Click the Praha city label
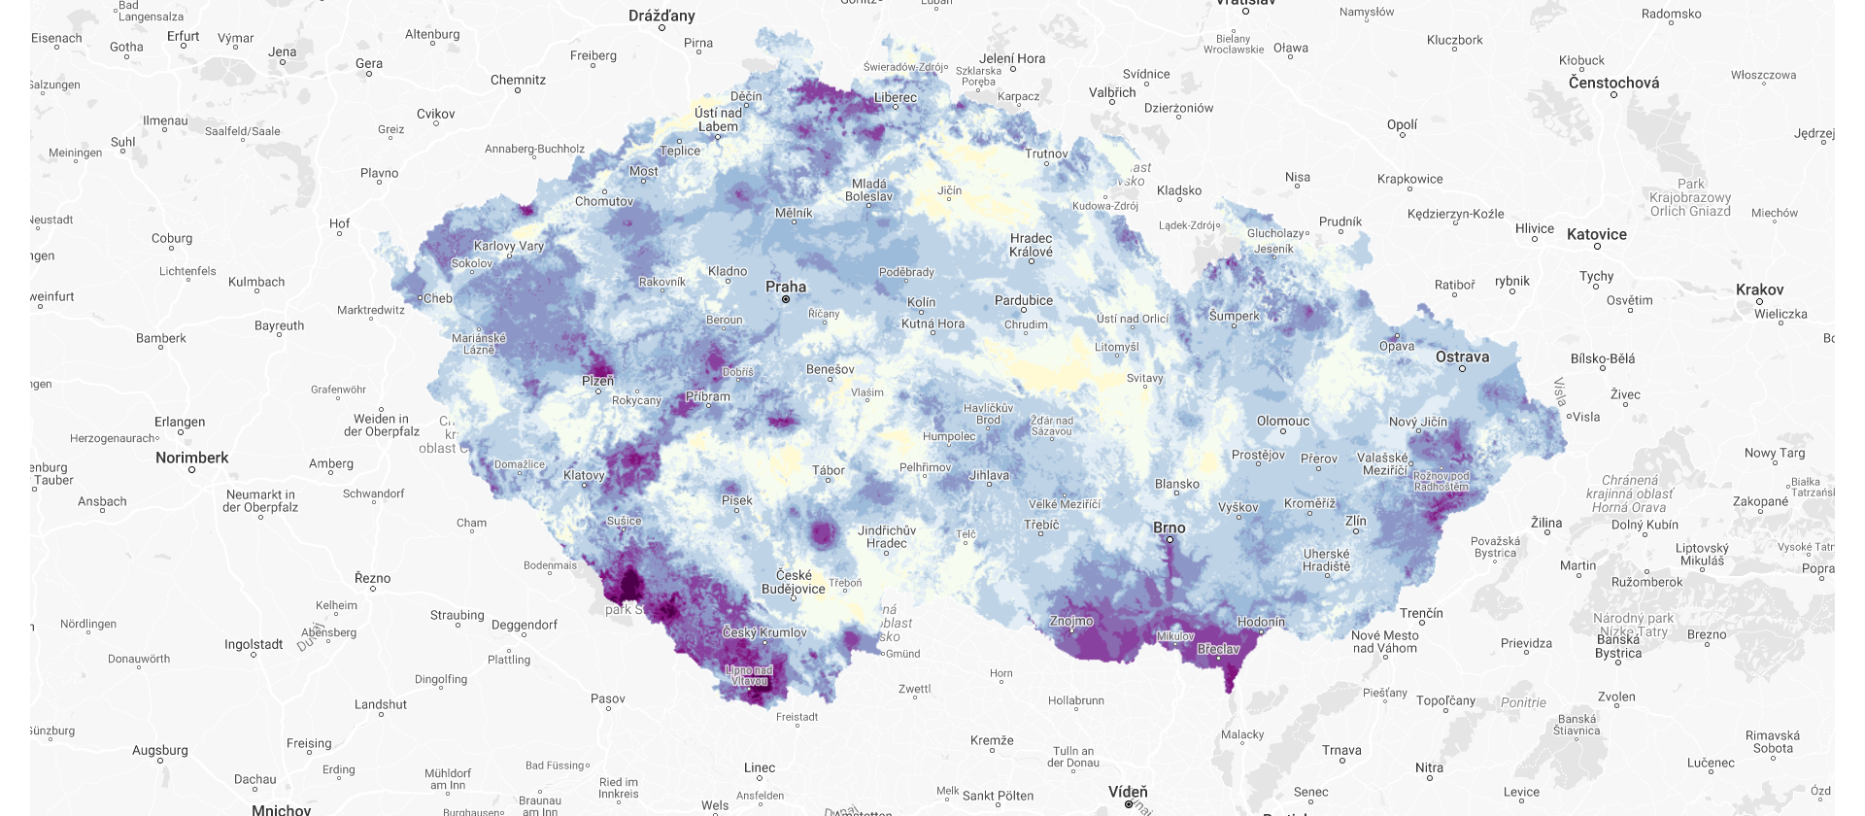tap(786, 287)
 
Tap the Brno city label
tap(1170, 527)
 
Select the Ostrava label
tap(1462, 357)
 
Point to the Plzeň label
tap(598, 381)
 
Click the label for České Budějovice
tap(794, 582)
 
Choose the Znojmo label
tap(1071, 621)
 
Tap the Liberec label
tap(896, 97)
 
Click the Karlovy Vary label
tap(509, 246)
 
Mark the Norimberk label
tap(192, 458)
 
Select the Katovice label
tap(1597, 234)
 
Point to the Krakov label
tap(1760, 289)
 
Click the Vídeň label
tap(1128, 792)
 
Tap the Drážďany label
tap(661, 16)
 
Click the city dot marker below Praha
tap(786, 299)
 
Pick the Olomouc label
tap(1283, 421)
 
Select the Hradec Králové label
tap(1031, 245)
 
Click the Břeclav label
tap(1218, 649)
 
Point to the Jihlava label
tap(989, 475)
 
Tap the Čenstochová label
tap(1613, 83)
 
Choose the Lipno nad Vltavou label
tap(749, 675)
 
